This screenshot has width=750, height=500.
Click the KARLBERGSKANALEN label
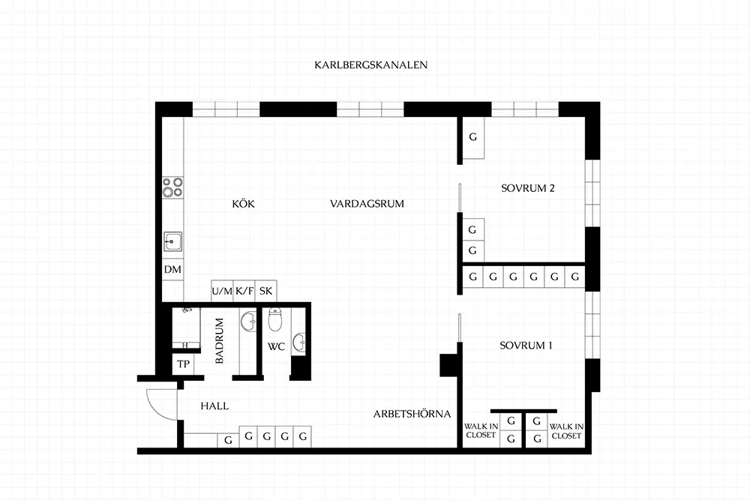coord(370,65)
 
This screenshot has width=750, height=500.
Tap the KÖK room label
coord(244,204)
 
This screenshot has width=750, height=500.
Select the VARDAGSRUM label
coord(367,204)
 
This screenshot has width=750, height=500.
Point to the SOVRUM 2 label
coord(527,188)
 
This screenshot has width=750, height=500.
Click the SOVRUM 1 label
coord(526,345)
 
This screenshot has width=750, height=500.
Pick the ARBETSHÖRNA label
coord(412,414)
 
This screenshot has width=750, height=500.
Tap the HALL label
coord(214,406)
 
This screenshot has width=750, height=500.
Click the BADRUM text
coord(220,341)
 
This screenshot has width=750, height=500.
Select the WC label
coord(276,346)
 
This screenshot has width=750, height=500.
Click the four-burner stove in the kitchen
coord(172,187)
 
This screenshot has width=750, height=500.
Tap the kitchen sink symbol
coord(172,241)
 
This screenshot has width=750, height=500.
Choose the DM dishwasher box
coord(172,270)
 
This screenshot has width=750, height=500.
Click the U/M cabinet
coord(222,291)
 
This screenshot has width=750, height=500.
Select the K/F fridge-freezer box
coord(244,291)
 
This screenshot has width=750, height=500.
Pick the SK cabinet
coord(266,291)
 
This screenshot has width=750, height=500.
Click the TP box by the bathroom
coord(183,364)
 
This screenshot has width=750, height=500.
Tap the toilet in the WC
coord(274,319)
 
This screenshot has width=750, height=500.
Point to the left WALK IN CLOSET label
coord(481,431)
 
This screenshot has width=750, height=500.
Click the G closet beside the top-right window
coord(473,138)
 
